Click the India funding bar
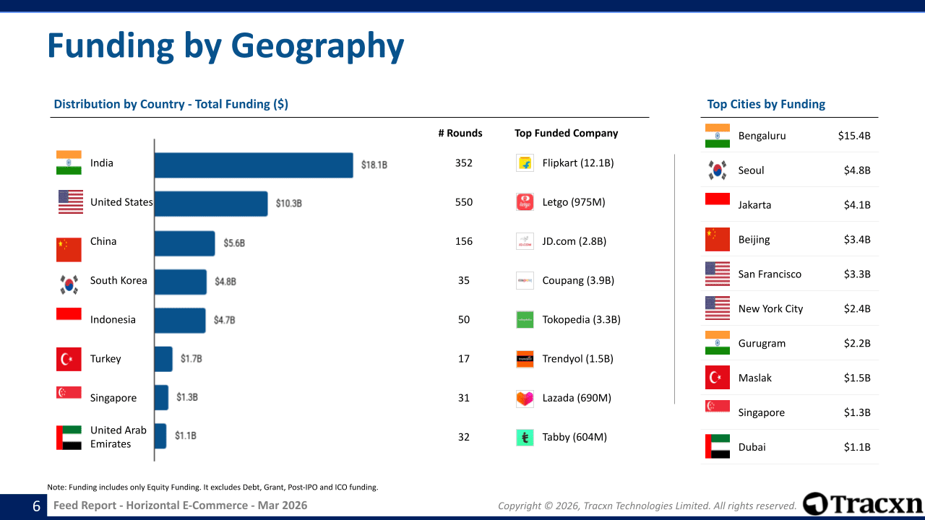(253, 165)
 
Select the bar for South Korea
(180, 282)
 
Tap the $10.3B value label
(288, 204)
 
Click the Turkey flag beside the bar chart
(69, 359)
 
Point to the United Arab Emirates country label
(118, 437)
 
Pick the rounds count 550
(464, 202)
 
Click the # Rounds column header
(460, 133)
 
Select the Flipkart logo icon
(525, 163)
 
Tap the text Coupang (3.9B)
(578, 280)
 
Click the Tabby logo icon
(525, 437)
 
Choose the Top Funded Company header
(567, 133)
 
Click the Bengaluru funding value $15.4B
(854, 136)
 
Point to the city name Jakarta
(754, 205)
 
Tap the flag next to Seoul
(718, 170)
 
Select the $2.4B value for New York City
(857, 309)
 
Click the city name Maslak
(754, 378)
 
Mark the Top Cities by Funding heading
(766, 104)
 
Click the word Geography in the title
(317, 45)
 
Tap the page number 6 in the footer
(36, 506)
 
